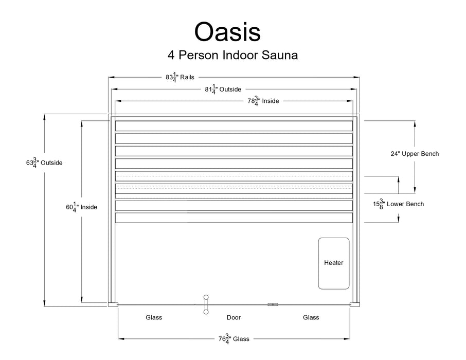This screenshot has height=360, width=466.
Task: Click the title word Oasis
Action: coord(227,32)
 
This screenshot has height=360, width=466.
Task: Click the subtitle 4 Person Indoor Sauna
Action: coord(232,55)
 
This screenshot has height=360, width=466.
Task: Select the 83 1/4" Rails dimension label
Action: coord(180,77)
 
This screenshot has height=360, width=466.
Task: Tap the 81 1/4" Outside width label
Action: coord(223,89)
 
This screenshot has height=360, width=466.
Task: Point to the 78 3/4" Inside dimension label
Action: coord(263,101)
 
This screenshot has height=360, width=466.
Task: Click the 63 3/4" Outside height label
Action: coord(44,163)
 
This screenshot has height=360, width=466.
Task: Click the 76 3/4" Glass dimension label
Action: coord(234,339)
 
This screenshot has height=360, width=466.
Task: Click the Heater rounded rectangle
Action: coord(333,263)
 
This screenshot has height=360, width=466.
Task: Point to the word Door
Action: coord(234,317)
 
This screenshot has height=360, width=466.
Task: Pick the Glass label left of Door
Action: coord(154,317)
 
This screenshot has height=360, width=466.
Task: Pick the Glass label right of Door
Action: coord(311,317)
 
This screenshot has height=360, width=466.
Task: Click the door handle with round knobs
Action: coord(206,304)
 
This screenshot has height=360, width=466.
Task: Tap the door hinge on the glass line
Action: coord(273,304)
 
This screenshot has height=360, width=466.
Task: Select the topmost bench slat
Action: coord(234,126)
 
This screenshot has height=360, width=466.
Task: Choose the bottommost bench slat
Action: coord(234,218)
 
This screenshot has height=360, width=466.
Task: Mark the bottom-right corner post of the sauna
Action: coord(354,304)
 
